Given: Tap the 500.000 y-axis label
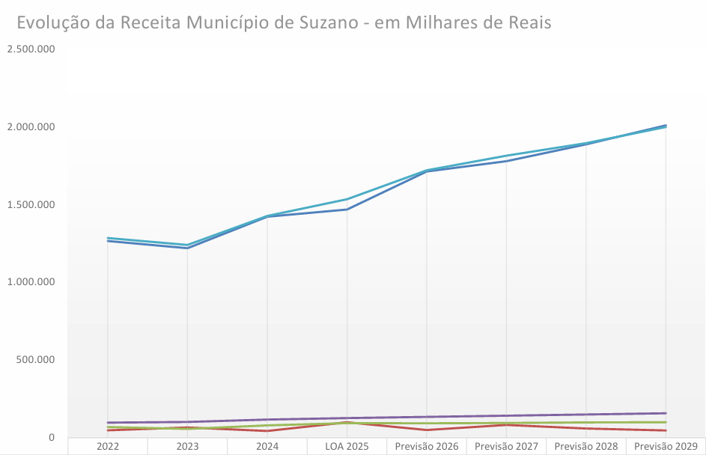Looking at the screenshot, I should coord(36,360).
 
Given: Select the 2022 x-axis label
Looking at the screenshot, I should coord(108,447).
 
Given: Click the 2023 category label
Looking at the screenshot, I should coord(187,447).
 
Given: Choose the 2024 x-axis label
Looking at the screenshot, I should coord(267,447).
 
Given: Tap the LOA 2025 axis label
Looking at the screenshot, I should coord(347,447).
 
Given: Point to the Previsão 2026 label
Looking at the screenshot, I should coord(426,447).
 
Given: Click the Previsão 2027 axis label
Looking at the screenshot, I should coord(506,447).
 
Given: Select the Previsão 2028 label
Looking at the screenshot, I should coord(586,447).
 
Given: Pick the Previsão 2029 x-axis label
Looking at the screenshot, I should coord(666,447).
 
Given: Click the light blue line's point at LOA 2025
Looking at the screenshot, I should coord(347,199).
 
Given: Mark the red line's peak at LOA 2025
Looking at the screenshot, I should coord(347,422).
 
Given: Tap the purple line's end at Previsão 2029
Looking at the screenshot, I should coord(666,413).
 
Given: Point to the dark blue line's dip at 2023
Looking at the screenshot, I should coord(187,248).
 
